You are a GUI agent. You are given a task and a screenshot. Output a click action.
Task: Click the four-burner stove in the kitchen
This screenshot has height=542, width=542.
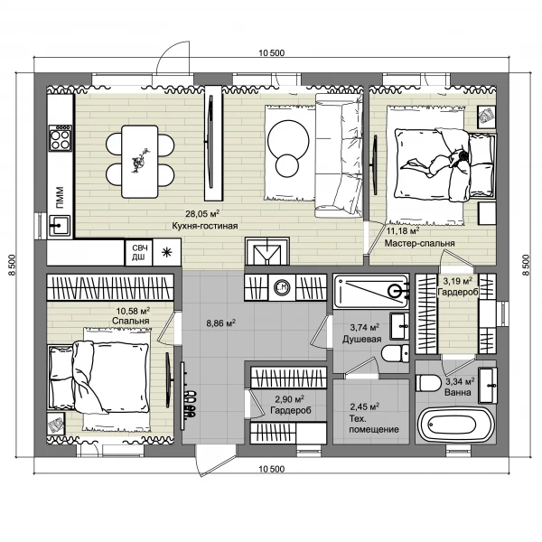coord(61,138)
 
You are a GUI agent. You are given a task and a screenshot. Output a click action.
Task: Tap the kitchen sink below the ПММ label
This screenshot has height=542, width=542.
coord(60,226)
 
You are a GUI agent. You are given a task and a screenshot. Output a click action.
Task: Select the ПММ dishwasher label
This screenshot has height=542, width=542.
coord(61,198)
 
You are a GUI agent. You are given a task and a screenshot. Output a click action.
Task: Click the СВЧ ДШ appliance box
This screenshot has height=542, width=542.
coord(139,252)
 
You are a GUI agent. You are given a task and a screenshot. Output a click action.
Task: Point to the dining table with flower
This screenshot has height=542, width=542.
coord(140,162)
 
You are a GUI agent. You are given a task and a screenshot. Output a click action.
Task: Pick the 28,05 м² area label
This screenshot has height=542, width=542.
coord(202,213)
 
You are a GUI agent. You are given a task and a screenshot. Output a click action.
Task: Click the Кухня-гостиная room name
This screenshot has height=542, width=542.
coord(205,226)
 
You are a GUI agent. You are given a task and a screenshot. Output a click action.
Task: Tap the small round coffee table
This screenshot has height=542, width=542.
coord(287,165)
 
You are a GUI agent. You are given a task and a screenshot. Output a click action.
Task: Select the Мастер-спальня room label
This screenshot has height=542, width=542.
coord(419,243)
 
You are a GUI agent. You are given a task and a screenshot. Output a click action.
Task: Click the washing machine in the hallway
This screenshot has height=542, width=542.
coord(282,287)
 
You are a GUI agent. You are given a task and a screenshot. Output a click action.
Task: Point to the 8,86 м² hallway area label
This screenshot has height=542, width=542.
coord(221,323)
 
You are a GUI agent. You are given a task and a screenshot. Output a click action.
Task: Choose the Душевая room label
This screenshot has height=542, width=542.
coord(362,339)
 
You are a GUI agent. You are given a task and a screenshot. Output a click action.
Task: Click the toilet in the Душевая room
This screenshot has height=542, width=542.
coord(396,353)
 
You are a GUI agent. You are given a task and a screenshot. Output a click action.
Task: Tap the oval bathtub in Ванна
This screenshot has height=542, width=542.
coord(453,424)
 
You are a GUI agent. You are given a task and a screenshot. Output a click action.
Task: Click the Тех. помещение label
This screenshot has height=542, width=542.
coord(374,425)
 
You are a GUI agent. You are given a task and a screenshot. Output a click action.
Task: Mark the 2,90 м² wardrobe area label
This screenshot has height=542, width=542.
coord(289,399)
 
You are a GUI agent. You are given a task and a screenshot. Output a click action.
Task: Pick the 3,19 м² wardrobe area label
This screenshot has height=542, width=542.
coord(458,280)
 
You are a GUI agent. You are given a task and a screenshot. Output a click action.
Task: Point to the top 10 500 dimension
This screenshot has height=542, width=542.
coord(272,53)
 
